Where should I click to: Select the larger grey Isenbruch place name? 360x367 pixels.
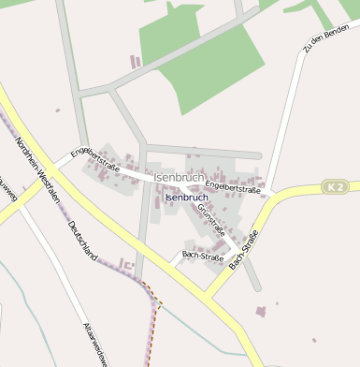pyautogui.click(x=180, y=177)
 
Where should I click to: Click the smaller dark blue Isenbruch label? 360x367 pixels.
pyautogui.click(x=185, y=198)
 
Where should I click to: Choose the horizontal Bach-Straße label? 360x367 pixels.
pyautogui.click(x=202, y=255)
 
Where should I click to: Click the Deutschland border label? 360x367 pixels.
pyautogui.click(x=81, y=241)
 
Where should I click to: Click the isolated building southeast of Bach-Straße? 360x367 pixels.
pyautogui.click(x=261, y=310)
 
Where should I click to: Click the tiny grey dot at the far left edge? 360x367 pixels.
pyautogui.click(x=57, y=111)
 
